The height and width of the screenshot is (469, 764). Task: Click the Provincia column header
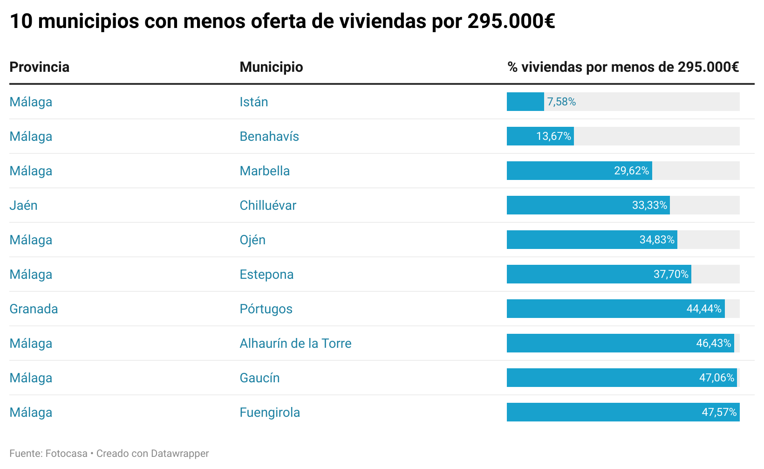39,67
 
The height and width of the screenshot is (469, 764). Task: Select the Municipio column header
271,67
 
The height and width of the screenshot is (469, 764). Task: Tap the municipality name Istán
253,102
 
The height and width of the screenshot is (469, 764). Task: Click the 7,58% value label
561,102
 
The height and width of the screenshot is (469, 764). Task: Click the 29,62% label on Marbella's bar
631,171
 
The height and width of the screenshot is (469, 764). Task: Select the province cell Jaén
23,206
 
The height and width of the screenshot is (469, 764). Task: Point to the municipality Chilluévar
268,206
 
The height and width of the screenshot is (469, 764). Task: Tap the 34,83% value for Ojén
657,240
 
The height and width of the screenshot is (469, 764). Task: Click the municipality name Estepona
266,275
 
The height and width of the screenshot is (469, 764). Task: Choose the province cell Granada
34,309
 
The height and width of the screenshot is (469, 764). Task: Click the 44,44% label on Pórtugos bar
704,309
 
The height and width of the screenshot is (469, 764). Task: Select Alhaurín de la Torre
295,344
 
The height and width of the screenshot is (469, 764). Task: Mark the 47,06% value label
716,378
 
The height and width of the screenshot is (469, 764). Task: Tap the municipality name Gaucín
259,378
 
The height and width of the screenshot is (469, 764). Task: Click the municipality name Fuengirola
270,413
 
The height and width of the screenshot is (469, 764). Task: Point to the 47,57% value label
719,413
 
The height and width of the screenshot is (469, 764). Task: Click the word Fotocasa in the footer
66,454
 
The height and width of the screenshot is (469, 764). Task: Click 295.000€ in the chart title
511,21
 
